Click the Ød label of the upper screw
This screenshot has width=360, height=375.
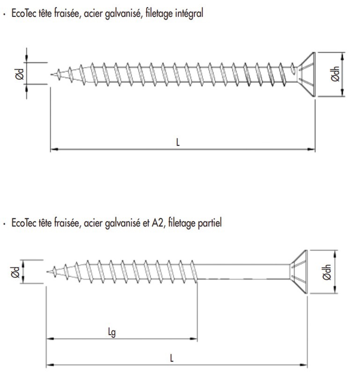20,74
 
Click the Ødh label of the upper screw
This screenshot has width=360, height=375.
335,74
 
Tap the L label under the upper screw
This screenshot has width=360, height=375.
178,142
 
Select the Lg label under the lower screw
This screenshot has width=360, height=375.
112,332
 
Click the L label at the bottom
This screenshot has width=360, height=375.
171,358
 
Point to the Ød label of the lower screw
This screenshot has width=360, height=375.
15,272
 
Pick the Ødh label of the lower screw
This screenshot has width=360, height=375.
327,272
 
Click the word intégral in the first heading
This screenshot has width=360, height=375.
189,13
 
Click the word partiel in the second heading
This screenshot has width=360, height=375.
210,223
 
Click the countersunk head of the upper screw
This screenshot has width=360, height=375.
307,75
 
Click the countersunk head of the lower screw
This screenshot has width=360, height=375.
299,272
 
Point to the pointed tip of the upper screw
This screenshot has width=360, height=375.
51,75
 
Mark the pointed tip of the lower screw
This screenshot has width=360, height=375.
47,272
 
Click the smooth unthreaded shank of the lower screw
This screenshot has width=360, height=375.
243,272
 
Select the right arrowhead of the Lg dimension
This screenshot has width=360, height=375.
193,338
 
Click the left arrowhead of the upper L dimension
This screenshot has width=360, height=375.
55,149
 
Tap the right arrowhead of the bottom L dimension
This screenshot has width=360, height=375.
303,365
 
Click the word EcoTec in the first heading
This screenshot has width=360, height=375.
24,14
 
